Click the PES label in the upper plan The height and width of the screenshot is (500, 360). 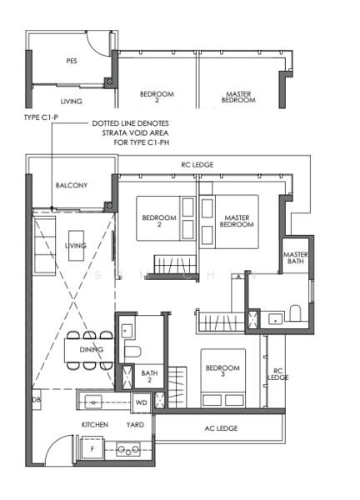(x=72, y=61)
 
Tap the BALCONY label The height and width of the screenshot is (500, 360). (x=72, y=185)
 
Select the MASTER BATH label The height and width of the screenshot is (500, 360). (x=296, y=257)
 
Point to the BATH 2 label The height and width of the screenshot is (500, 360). (x=149, y=376)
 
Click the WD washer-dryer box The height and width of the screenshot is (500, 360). (x=142, y=402)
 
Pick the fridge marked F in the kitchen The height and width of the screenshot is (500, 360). (x=92, y=448)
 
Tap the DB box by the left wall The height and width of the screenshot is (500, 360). (x=36, y=399)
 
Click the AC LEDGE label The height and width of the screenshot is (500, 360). (x=221, y=428)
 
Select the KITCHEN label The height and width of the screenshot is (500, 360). (x=95, y=424)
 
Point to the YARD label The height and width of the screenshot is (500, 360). (x=135, y=424)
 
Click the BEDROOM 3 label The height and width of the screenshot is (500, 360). (x=222, y=371)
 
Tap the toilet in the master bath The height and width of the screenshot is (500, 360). (x=295, y=313)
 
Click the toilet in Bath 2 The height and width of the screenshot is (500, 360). (x=132, y=352)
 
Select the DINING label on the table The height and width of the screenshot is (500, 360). (x=92, y=349)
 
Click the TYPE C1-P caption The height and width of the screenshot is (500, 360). (x=41, y=117)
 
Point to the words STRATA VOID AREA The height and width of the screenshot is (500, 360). (x=135, y=132)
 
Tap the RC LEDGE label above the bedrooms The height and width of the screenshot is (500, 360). (x=197, y=164)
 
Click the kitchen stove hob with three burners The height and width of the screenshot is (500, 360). (x=127, y=449)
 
